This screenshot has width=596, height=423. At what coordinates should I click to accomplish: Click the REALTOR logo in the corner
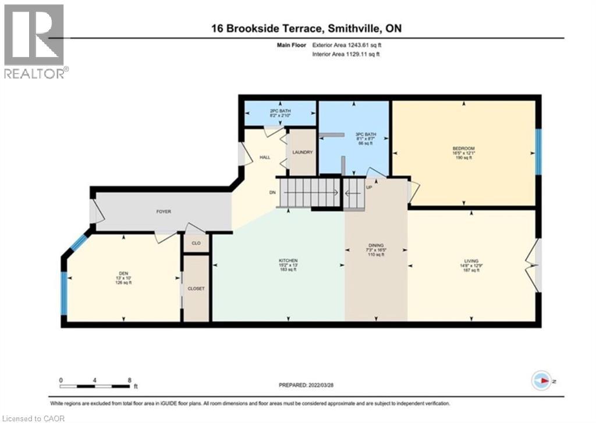coord(34,40)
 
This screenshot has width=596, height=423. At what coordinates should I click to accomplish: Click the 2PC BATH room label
coord(279,112)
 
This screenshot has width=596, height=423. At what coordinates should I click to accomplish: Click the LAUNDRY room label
coord(303,153)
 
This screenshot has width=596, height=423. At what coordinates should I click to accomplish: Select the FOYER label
coord(164,211)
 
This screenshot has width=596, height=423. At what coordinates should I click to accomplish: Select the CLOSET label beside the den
coord(196,288)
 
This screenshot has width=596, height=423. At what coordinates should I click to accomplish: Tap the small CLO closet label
coord(196,244)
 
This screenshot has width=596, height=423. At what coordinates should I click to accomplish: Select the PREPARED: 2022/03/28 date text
coord(308,385)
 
